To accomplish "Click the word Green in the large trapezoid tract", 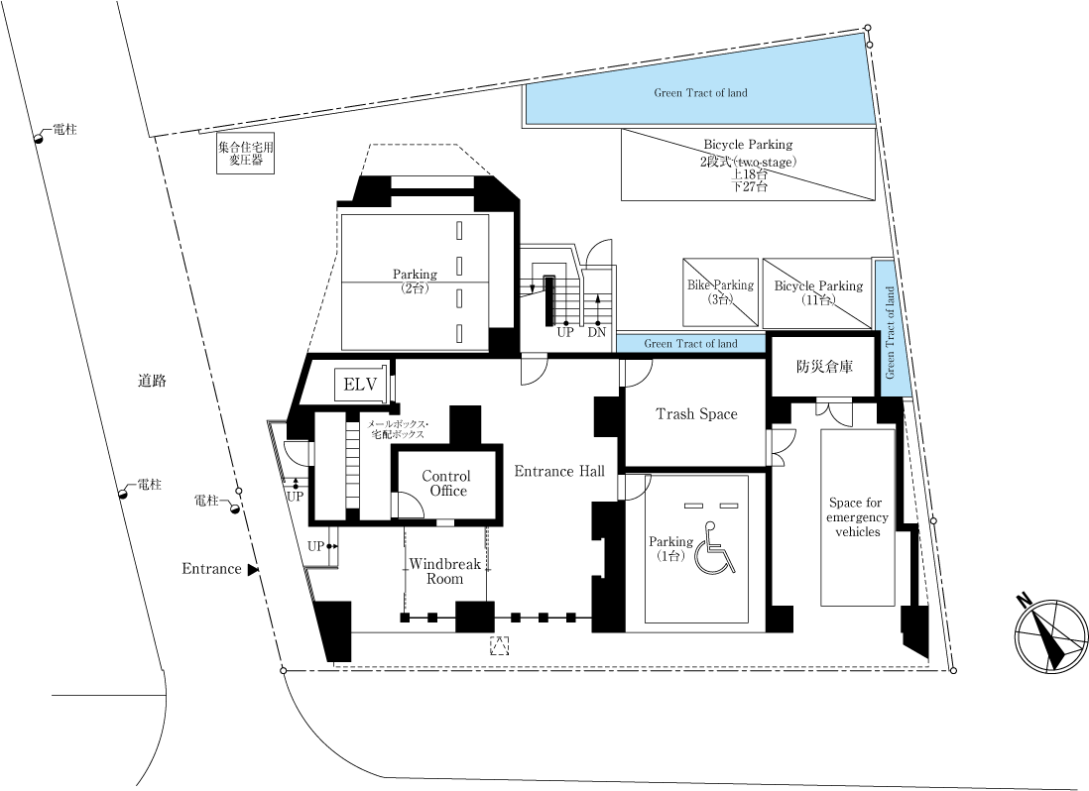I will click(x=667, y=93).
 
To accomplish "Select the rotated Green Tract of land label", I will click(x=890, y=333).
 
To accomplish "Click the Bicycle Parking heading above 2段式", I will click(x=748, y=145).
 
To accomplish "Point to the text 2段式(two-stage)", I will click(x=748, y=161).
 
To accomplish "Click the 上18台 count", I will click(x=750, y=173).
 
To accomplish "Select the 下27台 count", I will click(x=749, y=186).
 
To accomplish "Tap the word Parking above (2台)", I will click(x=415, y=275).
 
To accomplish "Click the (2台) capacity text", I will click(x=415, y=288).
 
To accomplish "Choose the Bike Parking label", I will click(x=720, y=285).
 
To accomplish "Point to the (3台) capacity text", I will click(x=720, y=299).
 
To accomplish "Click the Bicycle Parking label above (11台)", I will click(x=818, y=286).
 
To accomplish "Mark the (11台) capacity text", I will click(x=818, y=300).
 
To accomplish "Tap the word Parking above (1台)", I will click(x=670, y=542).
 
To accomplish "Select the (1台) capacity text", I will click(x=670, y=556).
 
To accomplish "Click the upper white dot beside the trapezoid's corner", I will click(x=868, y=28).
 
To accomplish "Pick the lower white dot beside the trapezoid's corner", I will click(x=870, y=45).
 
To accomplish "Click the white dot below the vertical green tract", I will click(x=933, y=520).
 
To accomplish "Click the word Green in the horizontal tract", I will click(x=658, y=344).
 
